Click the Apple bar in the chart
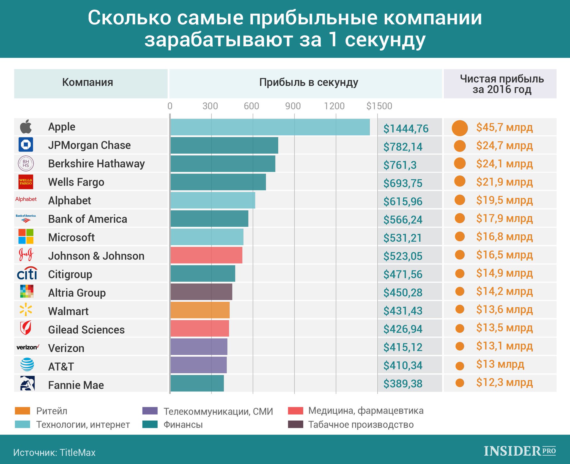(x=270, y=127)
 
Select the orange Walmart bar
(x=200, y=310)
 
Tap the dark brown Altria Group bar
(x=201, y=292)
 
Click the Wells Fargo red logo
(x=26, y=182)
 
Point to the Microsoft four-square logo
(x=26, y=236)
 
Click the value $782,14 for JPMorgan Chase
(x=403, y=147)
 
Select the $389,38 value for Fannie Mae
(x=403, y=384)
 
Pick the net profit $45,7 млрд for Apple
(x=504, y=127)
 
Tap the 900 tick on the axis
(x=293, y=106)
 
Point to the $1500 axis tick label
(x=379, y=106)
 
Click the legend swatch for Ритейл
(x=22, y=411)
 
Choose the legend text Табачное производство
(x=361, y=425)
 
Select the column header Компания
(x=87, y=82)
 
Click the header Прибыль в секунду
(x=308, y=82)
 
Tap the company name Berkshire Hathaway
(x=96, y=164)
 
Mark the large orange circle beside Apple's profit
(x=460, y=128)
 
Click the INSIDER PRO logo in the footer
(x=520, y=451)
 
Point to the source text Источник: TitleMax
(x=54, y=453)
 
